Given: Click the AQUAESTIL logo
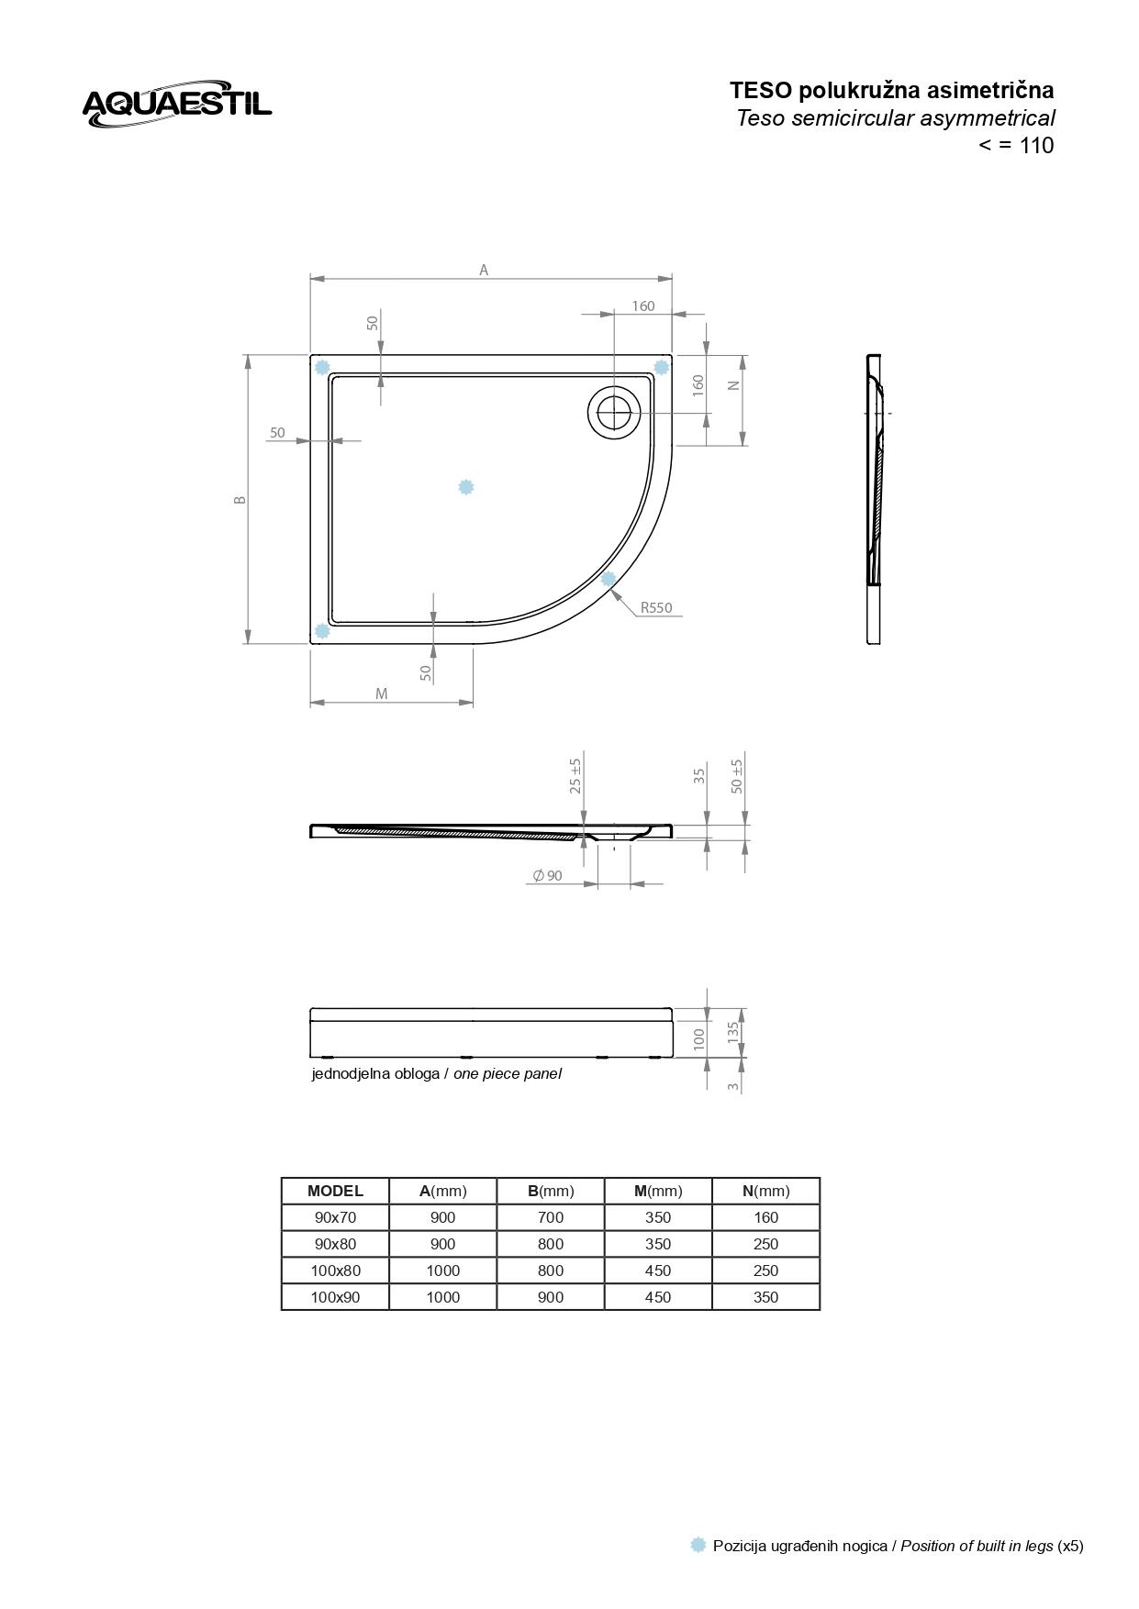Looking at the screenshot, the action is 177,103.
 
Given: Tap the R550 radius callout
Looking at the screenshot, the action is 656,607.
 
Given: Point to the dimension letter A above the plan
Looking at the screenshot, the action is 484,270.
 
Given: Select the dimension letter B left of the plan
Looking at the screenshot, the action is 240,500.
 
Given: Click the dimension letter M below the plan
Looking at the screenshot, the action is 382,694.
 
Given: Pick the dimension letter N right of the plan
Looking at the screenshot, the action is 733,385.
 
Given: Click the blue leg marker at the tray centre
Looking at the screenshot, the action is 466,487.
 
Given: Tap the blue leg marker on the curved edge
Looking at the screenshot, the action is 609,579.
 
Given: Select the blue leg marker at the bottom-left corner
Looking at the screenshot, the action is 322,631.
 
